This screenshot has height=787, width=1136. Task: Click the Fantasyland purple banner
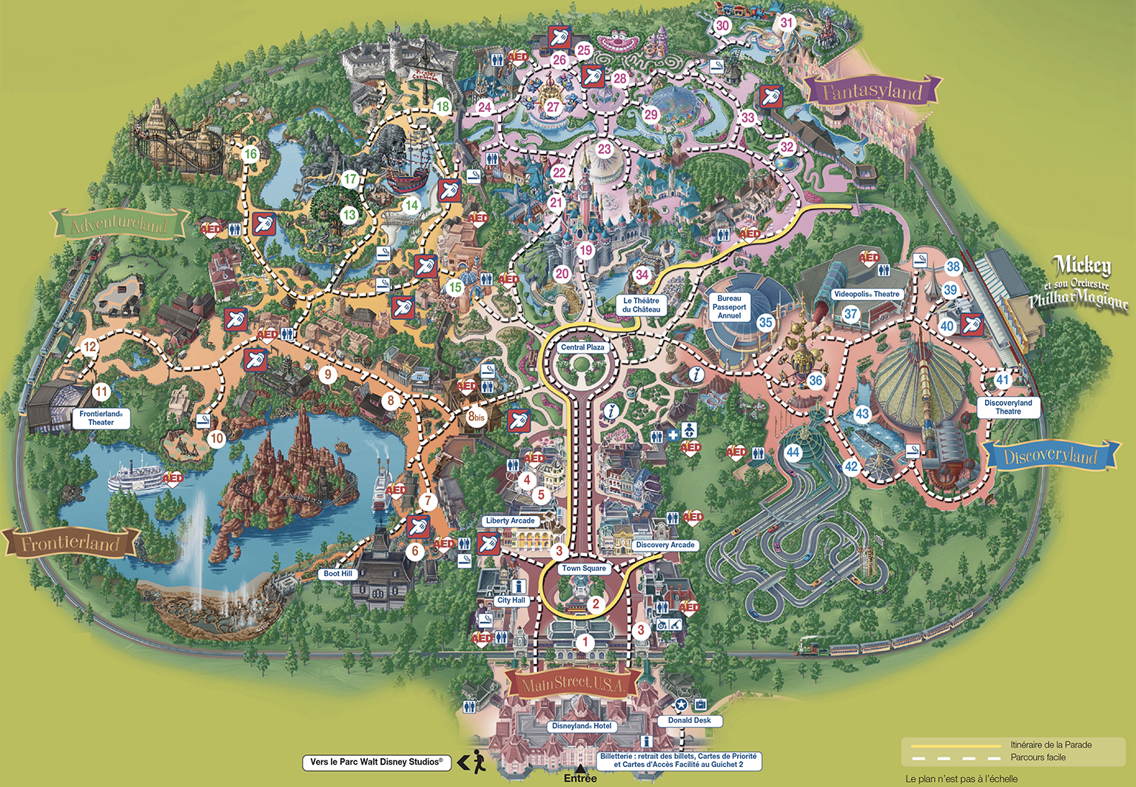point(873,92)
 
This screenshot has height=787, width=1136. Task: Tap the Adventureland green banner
point(118,224)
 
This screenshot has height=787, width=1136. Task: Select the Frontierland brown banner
point(71,543)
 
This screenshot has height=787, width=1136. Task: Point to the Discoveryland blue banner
point(1050,456)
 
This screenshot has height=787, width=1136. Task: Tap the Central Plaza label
point(582,347)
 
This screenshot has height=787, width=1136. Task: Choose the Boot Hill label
point(338,574)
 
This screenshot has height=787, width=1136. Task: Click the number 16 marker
point(250,155)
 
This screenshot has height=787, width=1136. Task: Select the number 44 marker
point(793,452)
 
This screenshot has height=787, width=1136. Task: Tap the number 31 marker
point(787,23)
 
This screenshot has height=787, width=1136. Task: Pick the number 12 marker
point(90,346)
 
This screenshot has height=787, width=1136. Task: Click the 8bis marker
point(477,417)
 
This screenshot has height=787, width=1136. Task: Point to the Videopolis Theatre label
point(867,294)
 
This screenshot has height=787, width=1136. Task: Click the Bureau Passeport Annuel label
point(729,307)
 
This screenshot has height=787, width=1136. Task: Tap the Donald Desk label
point(689,720)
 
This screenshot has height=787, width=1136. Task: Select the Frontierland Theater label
point(101,418)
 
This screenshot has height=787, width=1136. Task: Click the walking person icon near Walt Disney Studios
point(477,762)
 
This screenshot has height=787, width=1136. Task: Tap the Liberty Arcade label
point(510,520)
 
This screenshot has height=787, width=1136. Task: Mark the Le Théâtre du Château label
point(641,305)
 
